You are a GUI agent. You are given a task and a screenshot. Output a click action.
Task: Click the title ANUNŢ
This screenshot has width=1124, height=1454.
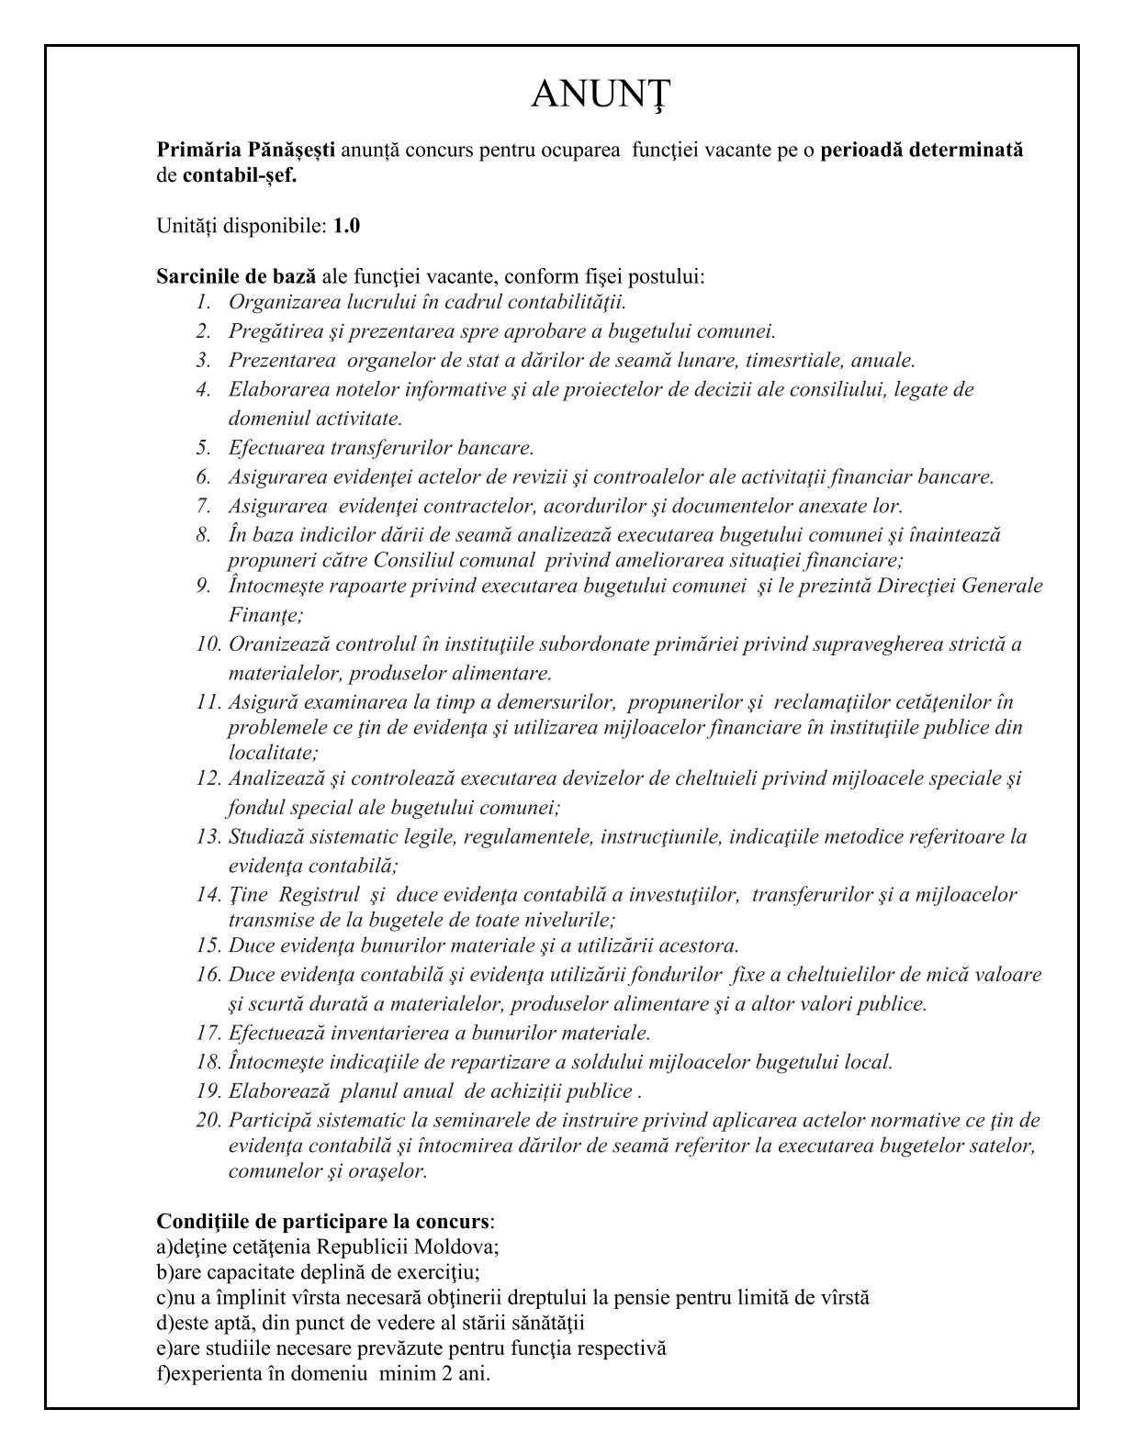pos(601,94)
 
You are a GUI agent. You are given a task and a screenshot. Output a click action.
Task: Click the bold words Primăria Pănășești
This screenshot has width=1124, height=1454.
pos(245,150)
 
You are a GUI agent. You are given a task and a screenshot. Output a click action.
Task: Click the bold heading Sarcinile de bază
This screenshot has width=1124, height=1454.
pos(236,276)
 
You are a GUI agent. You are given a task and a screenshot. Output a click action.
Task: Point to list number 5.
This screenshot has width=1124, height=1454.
pos(203,448)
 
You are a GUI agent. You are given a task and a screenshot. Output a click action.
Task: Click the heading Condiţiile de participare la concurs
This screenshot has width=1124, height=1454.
pos(322,1222)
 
